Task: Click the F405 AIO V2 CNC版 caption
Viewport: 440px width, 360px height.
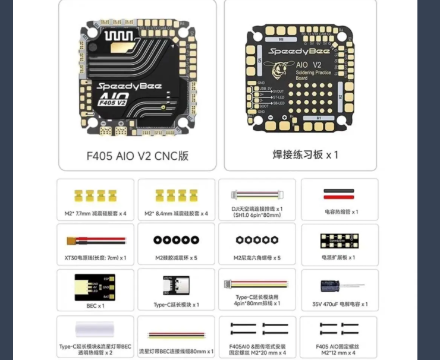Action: pos(137,156)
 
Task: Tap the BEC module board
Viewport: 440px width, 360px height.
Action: pos(95,287)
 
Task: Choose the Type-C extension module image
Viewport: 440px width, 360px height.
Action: pos(176,286)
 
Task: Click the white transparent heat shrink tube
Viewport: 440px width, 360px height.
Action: pos(95,330)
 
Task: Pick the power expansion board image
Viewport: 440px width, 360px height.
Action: pos(339,241)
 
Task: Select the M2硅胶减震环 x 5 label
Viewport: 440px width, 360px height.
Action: pos(177,258)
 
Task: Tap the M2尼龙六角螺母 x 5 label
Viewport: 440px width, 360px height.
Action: pos(257,258)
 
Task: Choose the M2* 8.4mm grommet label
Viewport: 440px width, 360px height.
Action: pos(177,213)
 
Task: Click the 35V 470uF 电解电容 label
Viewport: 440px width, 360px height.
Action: pos(340,304)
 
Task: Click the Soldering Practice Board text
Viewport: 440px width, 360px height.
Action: pos(313,75)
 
